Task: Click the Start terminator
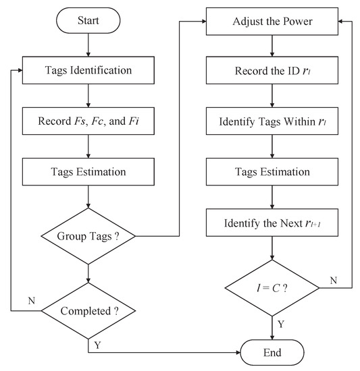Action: (x=89, y=21)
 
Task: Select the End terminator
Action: (x=272, y=352)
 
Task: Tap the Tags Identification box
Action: (x=89, y=69)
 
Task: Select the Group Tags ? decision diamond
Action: (x=89, y=236)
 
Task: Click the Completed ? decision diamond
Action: (x=89, y=311)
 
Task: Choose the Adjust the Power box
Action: (x=272, y=21)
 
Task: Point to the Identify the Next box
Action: (x=272, y=221)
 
